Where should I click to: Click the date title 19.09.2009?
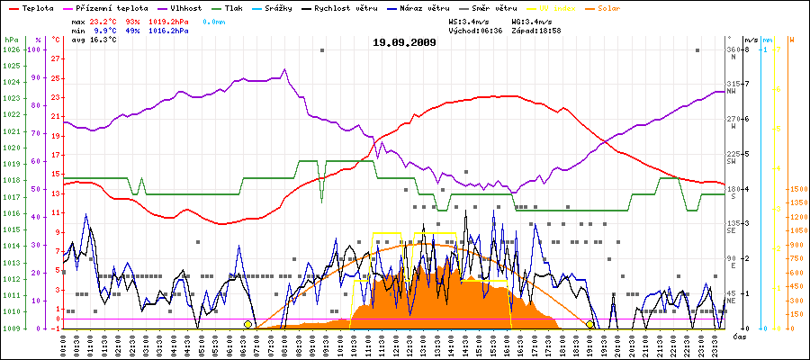(404, 42)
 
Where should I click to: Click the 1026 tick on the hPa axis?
(11, 49)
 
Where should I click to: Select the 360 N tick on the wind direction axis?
(733, 49)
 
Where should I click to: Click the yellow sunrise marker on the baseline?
(248, 324)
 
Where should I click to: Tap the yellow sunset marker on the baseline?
(590, 324)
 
